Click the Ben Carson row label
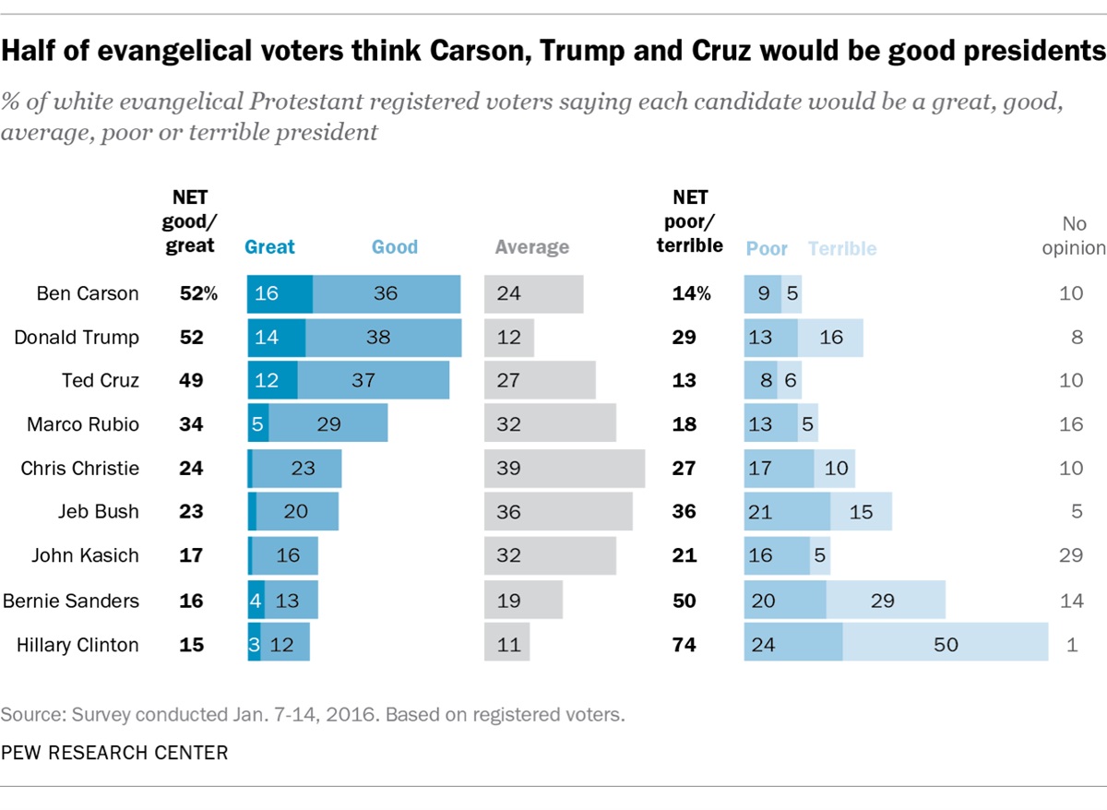(x=88, y=294)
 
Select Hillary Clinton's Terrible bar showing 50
(x=946, y=644)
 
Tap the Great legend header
(x=269, y=247)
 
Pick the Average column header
(x=532, y=247)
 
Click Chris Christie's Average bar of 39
(x=565, y=469)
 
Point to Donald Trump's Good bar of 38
(x=383, y=338)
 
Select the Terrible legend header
(x=842, y=248)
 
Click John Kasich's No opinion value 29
(x=1071, y=556)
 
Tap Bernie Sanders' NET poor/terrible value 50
(x=684, y=601)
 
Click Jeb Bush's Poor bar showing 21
(x=787, y=512)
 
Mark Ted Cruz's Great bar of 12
(x=272, y=381)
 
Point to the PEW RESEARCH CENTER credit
(x=114, y=754)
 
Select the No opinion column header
(x=1074, y=235)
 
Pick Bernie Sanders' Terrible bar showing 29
(x=886, y=601)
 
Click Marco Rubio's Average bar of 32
(x=550, y=425)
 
